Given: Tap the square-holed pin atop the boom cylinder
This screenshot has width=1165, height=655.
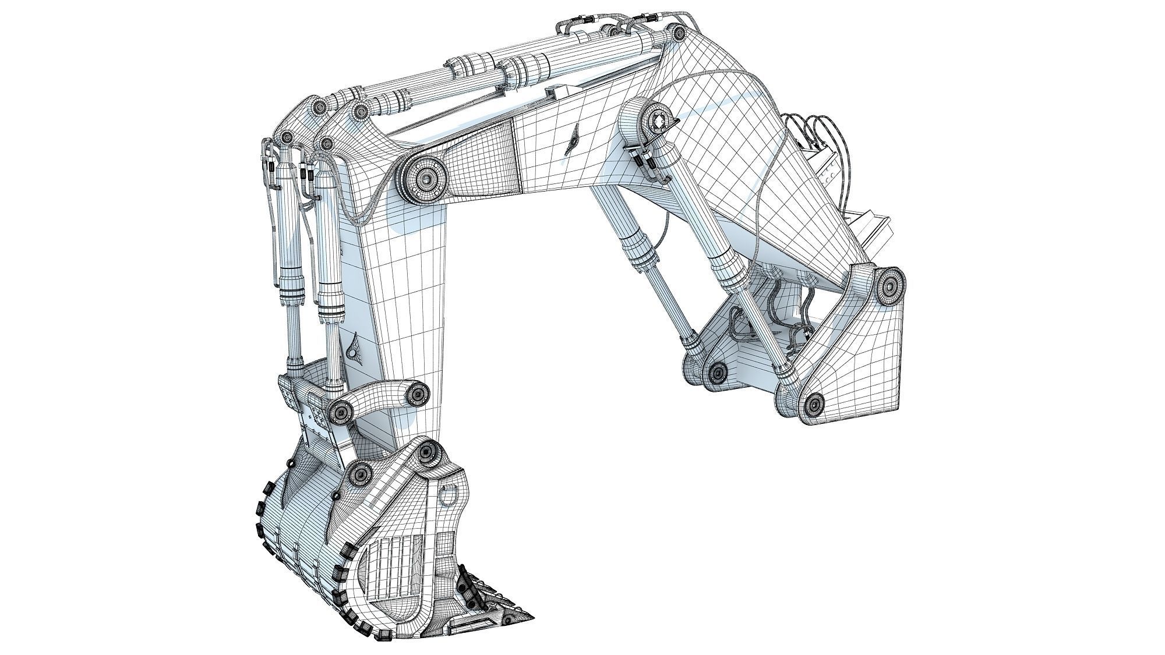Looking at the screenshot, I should coord(659,122).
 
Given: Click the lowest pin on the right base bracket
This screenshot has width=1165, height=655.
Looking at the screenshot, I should coord(814,402).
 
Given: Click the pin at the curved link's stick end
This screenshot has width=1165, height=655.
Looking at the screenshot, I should coord(417,396).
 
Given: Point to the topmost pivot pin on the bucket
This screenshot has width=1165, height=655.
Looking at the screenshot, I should coord(427,451).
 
